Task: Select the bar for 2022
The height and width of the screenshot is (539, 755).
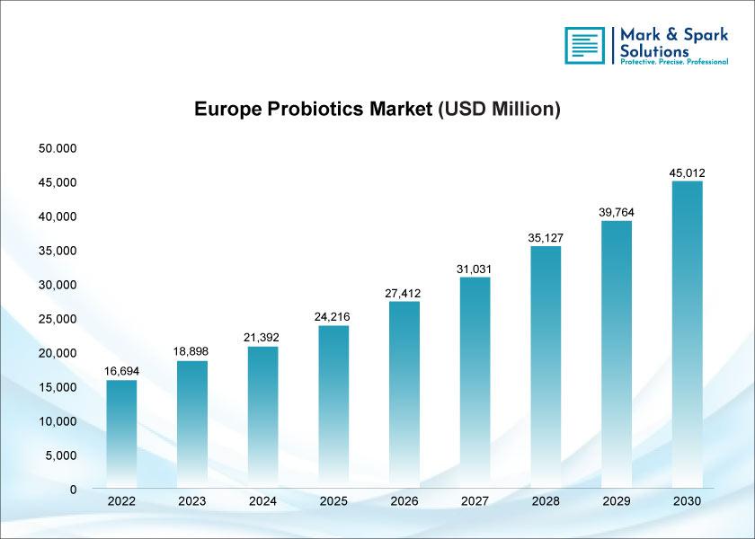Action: (x=121, y=434)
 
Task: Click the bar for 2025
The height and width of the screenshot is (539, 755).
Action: (x=333, y=407)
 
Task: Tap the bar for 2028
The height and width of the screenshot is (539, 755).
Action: (x=546, y=367)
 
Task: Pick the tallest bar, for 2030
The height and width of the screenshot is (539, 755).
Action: (x=687, y=334)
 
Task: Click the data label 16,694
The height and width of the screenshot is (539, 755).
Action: (x=122, y=371)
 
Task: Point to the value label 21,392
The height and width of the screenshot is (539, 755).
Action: (x=262, y=338)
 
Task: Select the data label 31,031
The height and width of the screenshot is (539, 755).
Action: (x=474, y=269)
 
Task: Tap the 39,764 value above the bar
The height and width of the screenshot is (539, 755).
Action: (x=617, y=212)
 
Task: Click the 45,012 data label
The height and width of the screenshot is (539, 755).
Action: (x=687, y=172)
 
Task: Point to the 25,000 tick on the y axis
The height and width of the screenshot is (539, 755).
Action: (x=58, y=319)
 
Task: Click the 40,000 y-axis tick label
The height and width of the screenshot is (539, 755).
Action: (x=58, y=216)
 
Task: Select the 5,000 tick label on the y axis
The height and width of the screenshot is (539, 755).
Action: (x=61, y=455)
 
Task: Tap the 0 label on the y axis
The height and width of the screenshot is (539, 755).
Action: (x=73, y=490)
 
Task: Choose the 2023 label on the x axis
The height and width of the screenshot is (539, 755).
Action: (x=192, y=501)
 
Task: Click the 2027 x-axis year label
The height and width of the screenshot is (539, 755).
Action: (x=475, y=501)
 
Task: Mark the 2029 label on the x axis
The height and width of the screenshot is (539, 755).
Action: (x=617, y=501)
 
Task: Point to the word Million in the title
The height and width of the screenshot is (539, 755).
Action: (x=522, y=109)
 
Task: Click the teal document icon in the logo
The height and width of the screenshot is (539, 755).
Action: (x=584, y=45)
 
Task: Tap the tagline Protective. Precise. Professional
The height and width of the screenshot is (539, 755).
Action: (x=674, y=62)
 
